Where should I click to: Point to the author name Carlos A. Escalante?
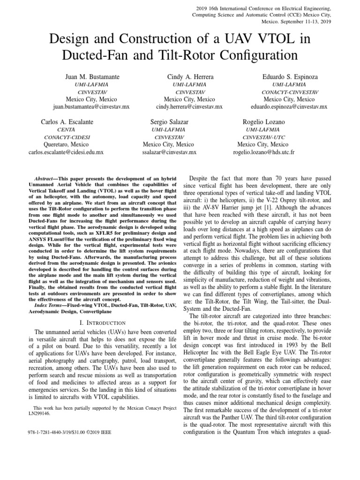pyautogui.click(x=67, y=122)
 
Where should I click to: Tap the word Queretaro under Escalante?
pyautogui.click(x=59, y=145)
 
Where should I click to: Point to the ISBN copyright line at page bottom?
pyautogui.click(x=70, y=432)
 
